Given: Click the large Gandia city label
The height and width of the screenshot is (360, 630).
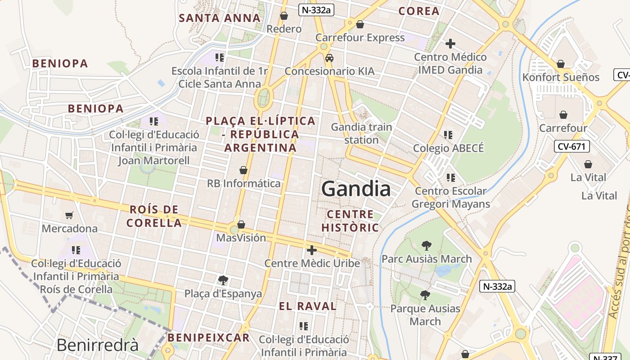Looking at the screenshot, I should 356,189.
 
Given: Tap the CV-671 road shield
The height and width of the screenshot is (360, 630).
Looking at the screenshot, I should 571,146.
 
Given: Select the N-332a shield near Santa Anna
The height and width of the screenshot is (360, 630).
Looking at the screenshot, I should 317,10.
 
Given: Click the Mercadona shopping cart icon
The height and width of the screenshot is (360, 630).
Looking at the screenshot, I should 69,216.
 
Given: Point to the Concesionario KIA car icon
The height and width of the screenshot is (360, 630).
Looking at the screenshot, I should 329,58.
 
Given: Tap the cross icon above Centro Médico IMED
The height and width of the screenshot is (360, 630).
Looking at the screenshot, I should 450,44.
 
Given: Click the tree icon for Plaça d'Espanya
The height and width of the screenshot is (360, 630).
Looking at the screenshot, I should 223,280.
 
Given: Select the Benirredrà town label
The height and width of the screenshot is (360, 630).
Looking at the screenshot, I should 98,345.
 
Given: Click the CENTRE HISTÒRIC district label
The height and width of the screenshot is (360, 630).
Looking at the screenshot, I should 350,221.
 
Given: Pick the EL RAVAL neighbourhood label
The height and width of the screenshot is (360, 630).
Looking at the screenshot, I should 307,306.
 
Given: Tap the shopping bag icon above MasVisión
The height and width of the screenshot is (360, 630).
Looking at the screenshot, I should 241,224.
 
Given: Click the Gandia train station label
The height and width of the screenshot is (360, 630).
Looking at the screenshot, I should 361,133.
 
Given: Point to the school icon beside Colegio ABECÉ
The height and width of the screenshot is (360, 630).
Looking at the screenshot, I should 448,135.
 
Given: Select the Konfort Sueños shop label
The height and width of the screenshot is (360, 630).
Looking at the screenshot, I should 561,77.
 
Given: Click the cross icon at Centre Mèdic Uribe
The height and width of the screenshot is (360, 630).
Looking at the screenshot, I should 311,250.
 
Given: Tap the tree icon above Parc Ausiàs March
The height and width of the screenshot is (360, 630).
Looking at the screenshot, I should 426,246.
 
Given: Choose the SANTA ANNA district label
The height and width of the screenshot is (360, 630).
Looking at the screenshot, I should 220,18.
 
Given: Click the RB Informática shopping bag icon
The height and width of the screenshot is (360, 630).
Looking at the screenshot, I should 243,170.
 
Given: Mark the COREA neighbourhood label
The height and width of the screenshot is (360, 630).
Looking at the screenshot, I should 418,11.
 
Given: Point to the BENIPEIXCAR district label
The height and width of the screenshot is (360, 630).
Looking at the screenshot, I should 208,337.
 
